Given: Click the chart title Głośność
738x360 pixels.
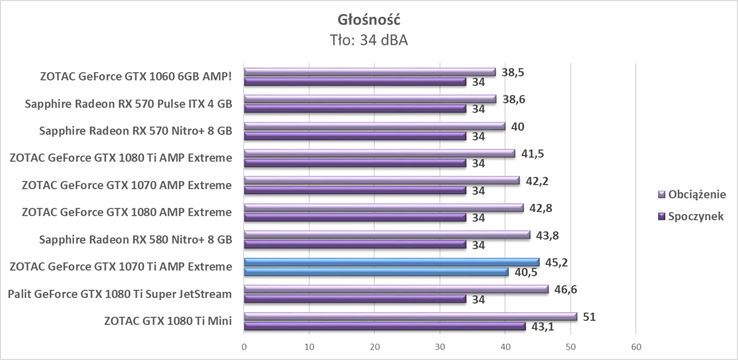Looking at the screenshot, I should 369,20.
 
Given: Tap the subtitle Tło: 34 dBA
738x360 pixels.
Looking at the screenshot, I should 369,41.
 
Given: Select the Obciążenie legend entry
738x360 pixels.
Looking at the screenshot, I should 696,194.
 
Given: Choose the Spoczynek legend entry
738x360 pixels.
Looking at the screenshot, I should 695,216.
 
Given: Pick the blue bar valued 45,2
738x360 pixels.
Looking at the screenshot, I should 392,262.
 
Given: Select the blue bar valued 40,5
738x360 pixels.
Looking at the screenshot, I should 376,271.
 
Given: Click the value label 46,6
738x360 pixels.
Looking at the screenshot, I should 564,289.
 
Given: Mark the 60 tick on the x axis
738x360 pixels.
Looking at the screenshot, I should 636,347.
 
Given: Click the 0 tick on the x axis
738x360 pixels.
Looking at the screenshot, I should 244,347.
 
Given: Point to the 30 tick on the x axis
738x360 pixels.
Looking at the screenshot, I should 440,347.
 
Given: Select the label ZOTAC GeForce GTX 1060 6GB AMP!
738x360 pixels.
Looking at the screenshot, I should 136,76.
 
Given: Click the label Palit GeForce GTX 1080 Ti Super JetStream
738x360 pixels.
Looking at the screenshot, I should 120,294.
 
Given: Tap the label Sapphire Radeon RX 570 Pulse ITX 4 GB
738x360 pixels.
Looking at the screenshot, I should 128,104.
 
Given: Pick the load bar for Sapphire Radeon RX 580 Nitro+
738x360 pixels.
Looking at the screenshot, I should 387,235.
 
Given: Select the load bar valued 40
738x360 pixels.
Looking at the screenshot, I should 374,127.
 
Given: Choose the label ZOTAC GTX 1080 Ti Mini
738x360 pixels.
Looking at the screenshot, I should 168,321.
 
